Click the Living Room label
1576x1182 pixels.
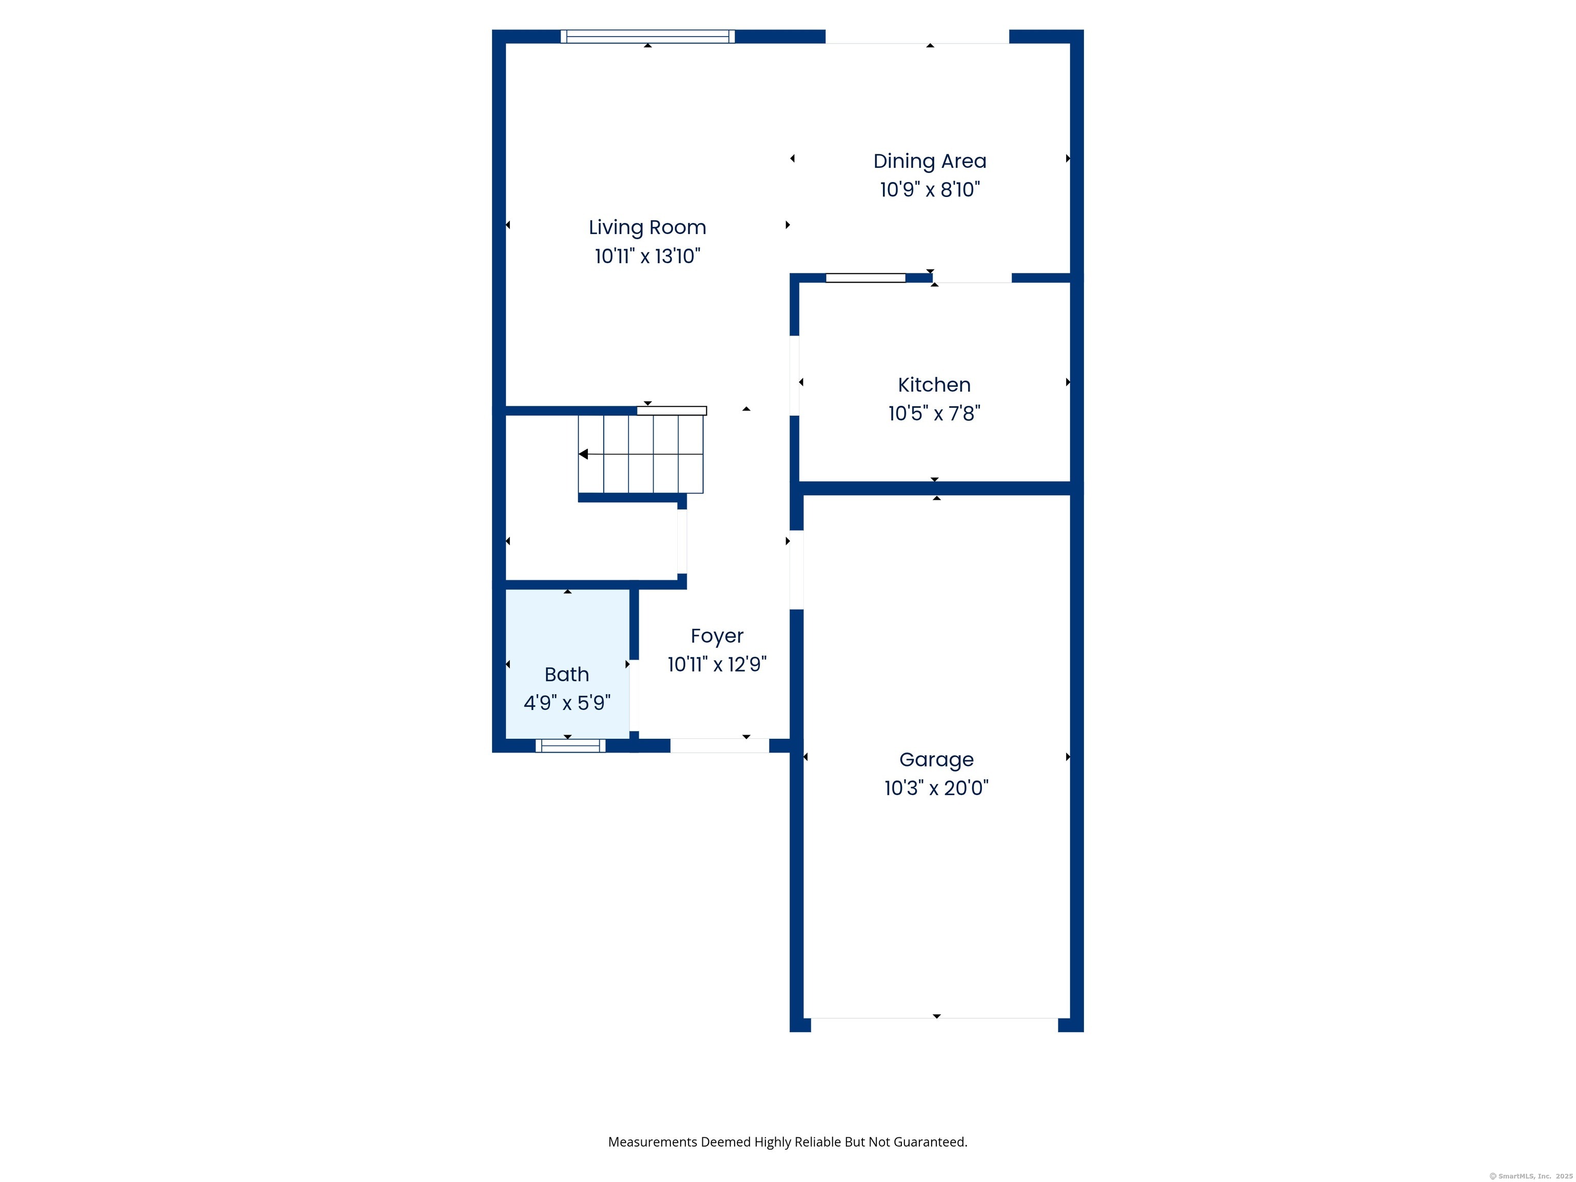point(647,227)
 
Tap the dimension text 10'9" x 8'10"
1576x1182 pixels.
point(929,189)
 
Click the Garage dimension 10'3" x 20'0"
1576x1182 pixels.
point(936,788)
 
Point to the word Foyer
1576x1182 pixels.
point(717,636)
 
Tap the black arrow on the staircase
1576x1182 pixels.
point(583,454)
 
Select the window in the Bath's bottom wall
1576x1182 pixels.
point(570,746)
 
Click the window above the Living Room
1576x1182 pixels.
point(647,36)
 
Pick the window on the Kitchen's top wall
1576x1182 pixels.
point(865,278)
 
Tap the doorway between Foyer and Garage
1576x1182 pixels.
point(797,570)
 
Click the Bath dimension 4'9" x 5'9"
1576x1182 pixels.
point(566,703)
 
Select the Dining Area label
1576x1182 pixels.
point(929,161)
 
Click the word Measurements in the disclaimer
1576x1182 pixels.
point(652,1142)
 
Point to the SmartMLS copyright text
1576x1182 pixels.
point(1530,1176)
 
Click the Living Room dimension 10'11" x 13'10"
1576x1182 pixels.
point(647,257)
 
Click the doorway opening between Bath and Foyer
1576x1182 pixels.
point(634,695)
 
